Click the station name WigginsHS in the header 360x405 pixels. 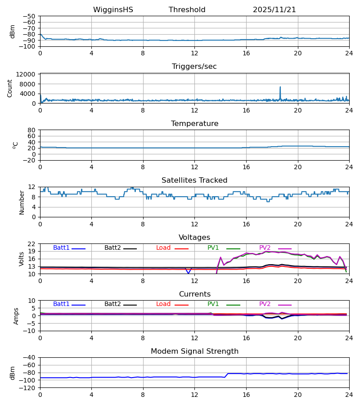pyautogui.click(x=113, y=10)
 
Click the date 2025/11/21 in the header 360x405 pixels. pyautogui.click(x=274, y=10)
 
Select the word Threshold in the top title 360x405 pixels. pyautogui.click(x=187, y=10)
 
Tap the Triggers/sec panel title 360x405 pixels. pyautogui.click(x=194, y=67)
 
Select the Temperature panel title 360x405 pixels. pyautogui.click(x=194, y=124)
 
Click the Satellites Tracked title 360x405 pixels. pyautogui.click(x=194, y=180)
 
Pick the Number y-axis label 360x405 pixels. pyautogui.click(x=22, y=202)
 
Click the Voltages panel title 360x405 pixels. pyautogui.click(x=194, y=238)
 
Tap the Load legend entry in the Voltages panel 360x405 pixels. pyautogui.click(x=163, y=248)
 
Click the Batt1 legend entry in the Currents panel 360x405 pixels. pyautogui.click(x=61, y=304)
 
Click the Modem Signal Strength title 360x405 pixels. pyautogui.click(x=194, y=351)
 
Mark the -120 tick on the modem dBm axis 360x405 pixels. pyautogui.click(x=29, y=388)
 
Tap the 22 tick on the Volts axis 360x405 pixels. pyautogui.click(x=31, y=244)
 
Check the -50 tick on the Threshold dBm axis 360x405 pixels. pyautogui.click(x=29, y=16)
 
